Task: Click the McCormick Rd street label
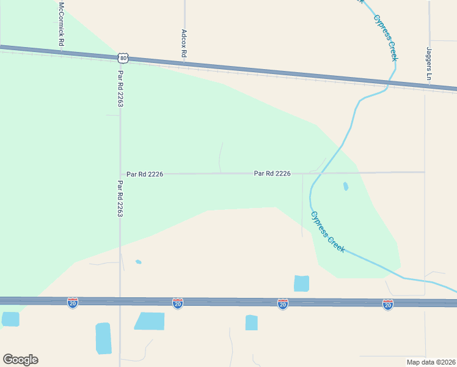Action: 61,25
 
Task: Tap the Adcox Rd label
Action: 184,43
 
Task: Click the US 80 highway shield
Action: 124,58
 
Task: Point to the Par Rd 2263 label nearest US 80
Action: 120,88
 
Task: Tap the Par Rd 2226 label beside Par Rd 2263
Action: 145,174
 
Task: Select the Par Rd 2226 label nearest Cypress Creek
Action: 272,174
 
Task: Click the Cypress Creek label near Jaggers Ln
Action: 386,36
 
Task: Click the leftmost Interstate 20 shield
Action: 73,303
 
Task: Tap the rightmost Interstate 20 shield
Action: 388,303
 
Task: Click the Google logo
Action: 20,359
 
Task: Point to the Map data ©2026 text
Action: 431,361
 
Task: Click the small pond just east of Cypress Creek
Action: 346,186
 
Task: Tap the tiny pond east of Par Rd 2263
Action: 139,262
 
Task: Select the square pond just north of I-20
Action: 301,283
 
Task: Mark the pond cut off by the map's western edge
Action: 10,319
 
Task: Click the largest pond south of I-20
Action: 150,321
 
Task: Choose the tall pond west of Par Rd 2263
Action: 103,338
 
